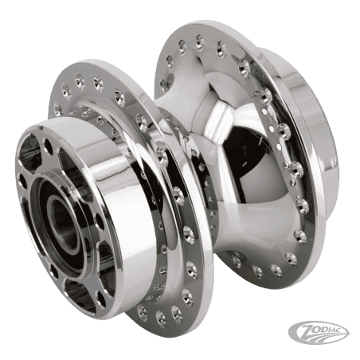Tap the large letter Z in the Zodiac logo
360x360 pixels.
point(306,330)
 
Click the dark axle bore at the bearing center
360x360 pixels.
point(61,222)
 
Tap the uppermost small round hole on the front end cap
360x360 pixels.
point(48,146)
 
